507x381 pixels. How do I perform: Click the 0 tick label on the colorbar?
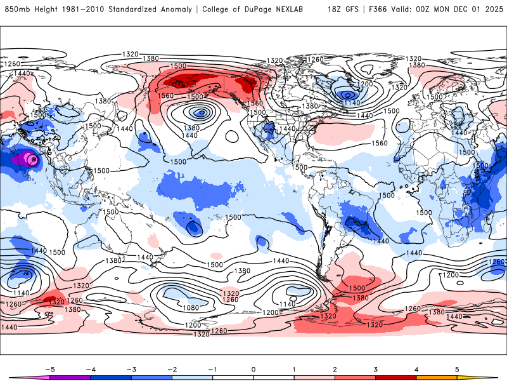coord(253,369)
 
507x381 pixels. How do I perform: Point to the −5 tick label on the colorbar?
coord(48,369)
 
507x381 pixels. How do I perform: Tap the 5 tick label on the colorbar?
coord(457,369)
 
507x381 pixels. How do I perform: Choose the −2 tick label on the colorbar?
coord(171,369)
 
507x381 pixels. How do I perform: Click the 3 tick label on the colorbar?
coord(375,369)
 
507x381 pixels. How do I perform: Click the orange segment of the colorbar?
coord(437,377)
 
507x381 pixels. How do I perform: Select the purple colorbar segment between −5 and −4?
coord(70,377)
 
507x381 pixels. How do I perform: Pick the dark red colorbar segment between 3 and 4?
coord(395,377)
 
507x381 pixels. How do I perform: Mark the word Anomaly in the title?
coord(179,10)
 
